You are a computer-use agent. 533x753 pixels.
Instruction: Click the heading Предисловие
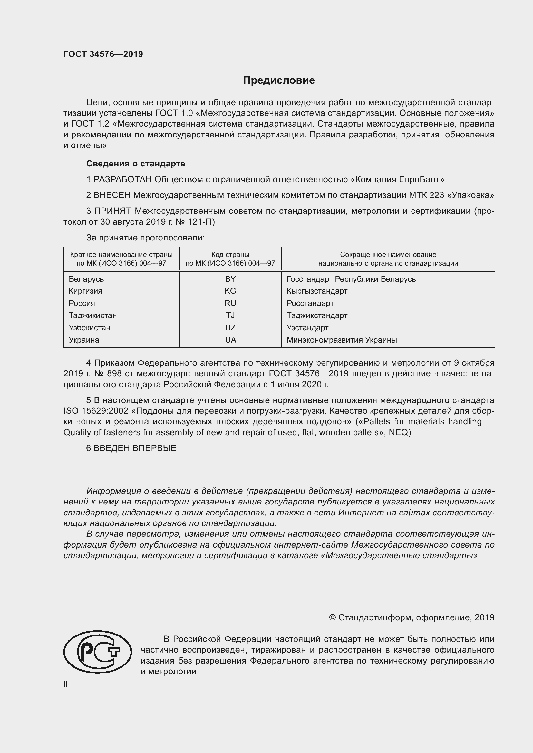pyautogui.click(x=279, y=80)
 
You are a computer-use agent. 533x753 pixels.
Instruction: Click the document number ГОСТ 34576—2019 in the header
pyautogui.click(x=103, y=54)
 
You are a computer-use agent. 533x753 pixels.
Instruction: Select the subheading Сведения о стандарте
pyautogui.click(x=136, y=164)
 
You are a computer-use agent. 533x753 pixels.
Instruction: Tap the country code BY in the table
pyautogui.click(x=230, y=279)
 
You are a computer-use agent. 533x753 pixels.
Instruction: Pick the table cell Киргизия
pyautogui.click(x=85, y=291)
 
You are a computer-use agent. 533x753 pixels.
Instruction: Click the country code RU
pyautogui.click(x=230, y=303)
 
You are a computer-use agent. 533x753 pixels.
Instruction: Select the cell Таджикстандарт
pyautogui.click(x=317, y=315)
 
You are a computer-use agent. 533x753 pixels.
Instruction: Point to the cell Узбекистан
pyautogui.click(x=89, y=328)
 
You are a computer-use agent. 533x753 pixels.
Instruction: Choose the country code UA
pyautogui.click(x=230, y=340)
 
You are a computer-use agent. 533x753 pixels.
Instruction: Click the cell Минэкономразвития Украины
pyautogui.click(x=342, y=340)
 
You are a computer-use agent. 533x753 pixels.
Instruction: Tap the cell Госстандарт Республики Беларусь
pyautogui.click(x=351, y=279)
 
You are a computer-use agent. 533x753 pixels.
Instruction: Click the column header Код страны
pyautogui.click(x=230, y=255)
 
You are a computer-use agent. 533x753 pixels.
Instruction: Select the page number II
pyautogui.click(x=66, y=684)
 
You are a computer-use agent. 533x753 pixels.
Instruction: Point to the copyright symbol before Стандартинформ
pyautogui.click(x=332, y=617)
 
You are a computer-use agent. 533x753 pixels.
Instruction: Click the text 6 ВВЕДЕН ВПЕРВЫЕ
pyautogui.click(x=131, y=448)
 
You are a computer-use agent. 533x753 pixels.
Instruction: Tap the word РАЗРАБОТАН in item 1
pyautogui.click(x=123, y=180)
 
